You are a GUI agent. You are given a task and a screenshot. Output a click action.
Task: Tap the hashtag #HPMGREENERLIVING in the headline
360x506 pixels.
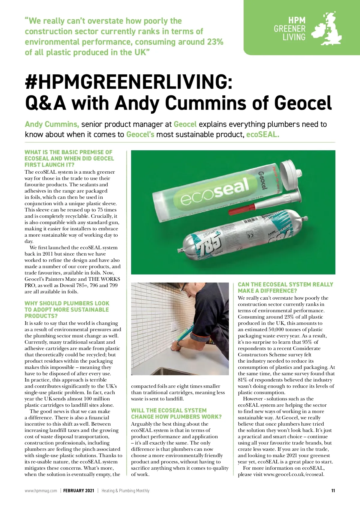(129, 82)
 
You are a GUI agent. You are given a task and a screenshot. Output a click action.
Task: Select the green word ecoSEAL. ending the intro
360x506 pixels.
(262, 134)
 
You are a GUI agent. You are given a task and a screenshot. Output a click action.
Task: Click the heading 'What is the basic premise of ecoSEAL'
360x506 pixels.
(69, 158)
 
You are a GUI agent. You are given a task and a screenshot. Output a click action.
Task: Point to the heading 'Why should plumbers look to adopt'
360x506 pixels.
(67, 310)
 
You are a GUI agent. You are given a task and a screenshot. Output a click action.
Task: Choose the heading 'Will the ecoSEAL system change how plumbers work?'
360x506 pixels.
(176, 414)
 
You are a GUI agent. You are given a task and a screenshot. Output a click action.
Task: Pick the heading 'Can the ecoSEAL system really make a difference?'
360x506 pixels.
(285, 287)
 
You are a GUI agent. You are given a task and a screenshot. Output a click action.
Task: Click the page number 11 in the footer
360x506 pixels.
(333, 491)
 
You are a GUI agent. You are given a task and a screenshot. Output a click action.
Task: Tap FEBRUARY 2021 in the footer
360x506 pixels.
(79, 491)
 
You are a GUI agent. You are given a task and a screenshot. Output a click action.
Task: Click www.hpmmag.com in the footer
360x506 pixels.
(41, 491)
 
